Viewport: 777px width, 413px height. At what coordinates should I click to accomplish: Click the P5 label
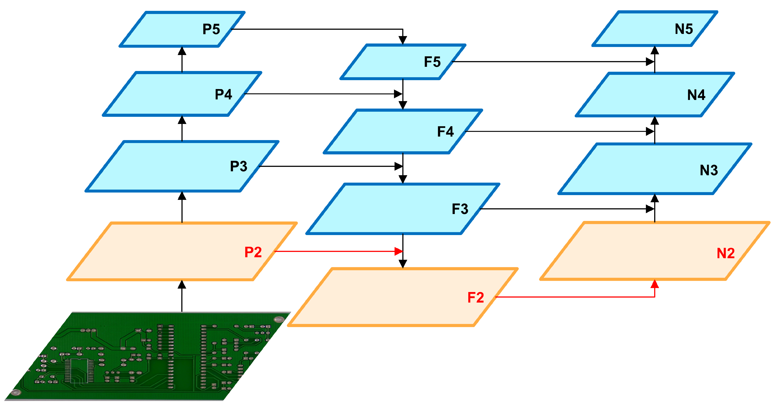[211, 29]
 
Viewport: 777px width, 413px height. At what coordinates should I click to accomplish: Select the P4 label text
[223, 94]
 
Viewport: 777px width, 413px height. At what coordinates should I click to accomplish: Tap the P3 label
[239, 166]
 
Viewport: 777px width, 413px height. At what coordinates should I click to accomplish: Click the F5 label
[432, 62]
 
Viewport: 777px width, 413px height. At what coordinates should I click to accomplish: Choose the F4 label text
[446, 132]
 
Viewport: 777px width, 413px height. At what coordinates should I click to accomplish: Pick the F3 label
[460, 209]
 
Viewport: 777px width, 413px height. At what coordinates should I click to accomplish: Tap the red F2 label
[476, 298]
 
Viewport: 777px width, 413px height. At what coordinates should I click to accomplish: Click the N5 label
[684, 29]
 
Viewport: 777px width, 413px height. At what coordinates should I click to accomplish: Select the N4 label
[696, 95]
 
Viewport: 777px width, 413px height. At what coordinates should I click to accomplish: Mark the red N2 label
[726, 253]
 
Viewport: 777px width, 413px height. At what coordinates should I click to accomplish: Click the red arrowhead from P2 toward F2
[399, 251]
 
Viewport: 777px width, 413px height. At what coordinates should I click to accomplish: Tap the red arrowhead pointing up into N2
[655, 284]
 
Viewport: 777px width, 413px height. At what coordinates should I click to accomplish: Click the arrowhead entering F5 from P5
[403, 40]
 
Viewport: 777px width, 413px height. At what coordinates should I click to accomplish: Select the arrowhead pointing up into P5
[182, 51]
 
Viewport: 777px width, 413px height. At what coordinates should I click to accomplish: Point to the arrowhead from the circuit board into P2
[182, 284]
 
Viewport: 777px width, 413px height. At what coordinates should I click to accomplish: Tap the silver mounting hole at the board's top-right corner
[279, 319]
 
